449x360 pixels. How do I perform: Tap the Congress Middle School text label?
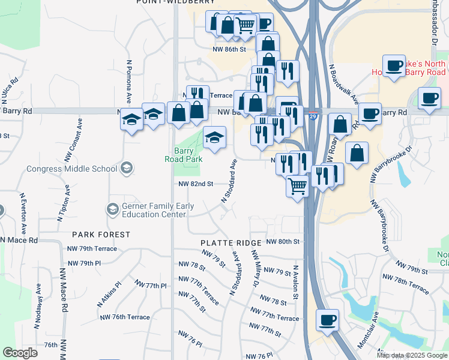pyautogui.click(x=71, y=169)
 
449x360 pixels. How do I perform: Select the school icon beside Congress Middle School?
pyautogui.click(x=126, y=168)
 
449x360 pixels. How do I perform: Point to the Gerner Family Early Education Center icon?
pyautogui.click(x=112, y=209)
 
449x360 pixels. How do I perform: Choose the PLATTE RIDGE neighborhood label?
pyautogui.click(x=231, y=243)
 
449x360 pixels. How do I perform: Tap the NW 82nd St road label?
pyautogui.click(x=196, y=184)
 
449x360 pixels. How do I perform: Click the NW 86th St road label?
pyautogui.click(x=229, y=50)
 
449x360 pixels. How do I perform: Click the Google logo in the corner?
pyautogui.click(x=20, y=353)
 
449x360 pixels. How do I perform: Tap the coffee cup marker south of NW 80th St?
pyautogui.click(x=327, y=320)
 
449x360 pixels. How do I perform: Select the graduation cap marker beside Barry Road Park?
pyautogui.click(x=214, y=138)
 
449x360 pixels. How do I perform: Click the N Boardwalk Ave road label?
pyautogui.click(x=343, y=83)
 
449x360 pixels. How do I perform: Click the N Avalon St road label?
pyautogui.click(x=295, y=283)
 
